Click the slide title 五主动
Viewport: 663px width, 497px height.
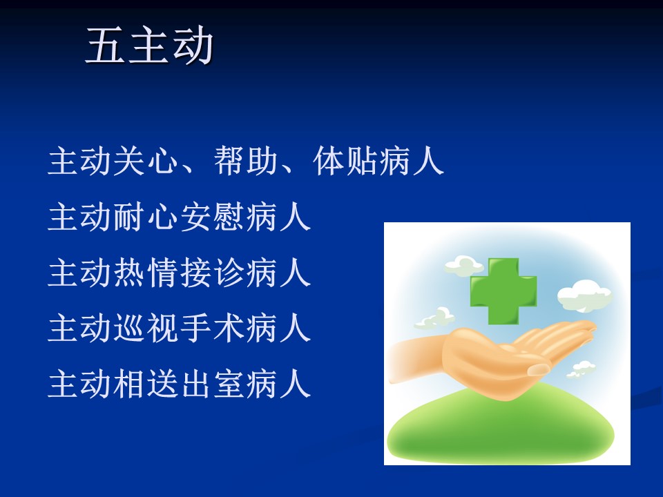pos(150,46)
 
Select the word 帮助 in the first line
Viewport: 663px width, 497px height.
pos(246,161)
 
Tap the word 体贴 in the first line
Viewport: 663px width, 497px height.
pos(345,161)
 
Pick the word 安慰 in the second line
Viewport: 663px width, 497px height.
pos(212,216)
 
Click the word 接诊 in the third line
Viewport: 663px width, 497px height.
pos(212,273)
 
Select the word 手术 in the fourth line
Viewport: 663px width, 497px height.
pos(212,328)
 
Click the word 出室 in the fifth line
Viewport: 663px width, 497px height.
pos(212,384)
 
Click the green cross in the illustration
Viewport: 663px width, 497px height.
pos(503,291)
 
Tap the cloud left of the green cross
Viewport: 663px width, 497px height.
pos(464,266)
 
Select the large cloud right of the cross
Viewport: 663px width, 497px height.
pos(585,295)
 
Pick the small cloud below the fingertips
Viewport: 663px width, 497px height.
pos(581,369)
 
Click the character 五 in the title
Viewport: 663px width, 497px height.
pos(105,46)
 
